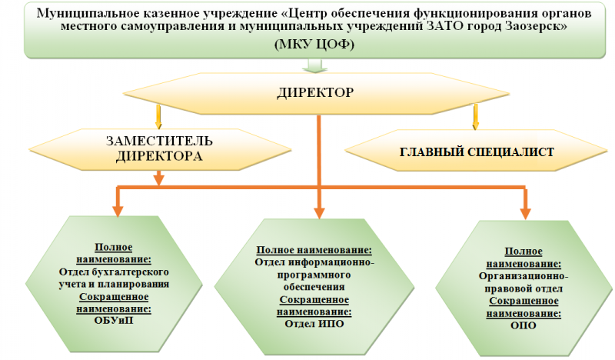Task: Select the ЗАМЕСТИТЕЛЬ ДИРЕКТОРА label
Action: coord(159,148)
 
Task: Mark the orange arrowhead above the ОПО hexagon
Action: coord(526,212)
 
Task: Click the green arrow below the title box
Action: coord(310,65)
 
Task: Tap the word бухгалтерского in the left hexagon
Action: coord(136,272)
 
